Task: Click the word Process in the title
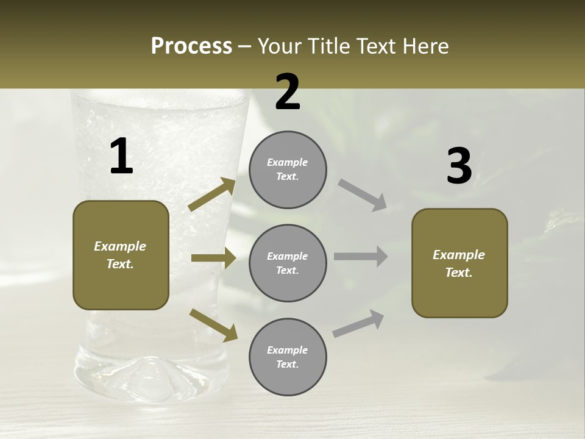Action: tap(191, 46)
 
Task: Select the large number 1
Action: tap(121, 156)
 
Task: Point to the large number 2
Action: tap(288, 92)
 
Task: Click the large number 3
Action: tap(459, 166)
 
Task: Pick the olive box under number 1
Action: tap(121, 255)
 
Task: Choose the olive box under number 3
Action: tap(459, 263)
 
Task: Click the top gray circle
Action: tap(288, 170)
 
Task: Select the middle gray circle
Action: tap(288, 263)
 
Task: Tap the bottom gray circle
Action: tap(288, 357)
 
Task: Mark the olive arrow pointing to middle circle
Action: tap(213, 258)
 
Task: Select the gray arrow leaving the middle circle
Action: tap(361, 257)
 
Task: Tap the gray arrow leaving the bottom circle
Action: tap(358, 323)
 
